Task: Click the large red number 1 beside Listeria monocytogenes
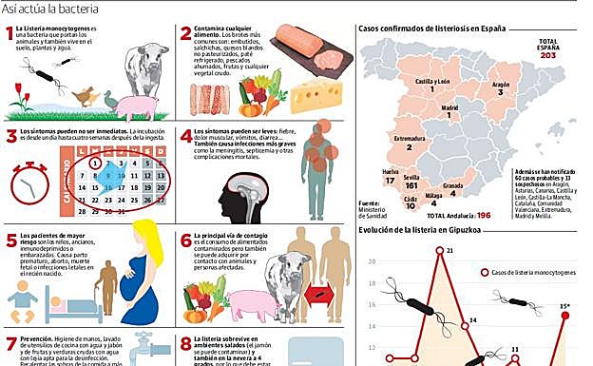(10, 35)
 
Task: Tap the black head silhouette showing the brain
(235, 198)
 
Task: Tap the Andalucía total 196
(483, 216)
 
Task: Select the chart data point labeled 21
(437, 253)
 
